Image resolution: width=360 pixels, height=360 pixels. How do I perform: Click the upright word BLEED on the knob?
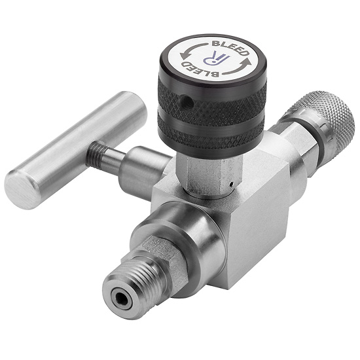(x=230, y=48)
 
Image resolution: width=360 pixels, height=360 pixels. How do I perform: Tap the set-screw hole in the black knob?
(x=185, y=99)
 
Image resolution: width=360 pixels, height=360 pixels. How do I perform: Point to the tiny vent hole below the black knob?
(x=232, y=184)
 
